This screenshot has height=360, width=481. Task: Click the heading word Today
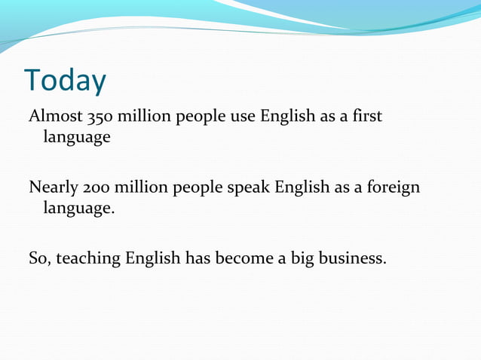(65, 81)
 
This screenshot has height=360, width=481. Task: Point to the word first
(366, 117)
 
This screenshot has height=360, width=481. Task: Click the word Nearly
(53, 188)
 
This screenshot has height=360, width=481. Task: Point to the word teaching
(88, 258)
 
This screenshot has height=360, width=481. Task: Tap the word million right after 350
(141, 117)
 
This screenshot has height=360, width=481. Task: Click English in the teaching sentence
(153, 258)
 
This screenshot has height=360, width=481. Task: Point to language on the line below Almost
(77, 138)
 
